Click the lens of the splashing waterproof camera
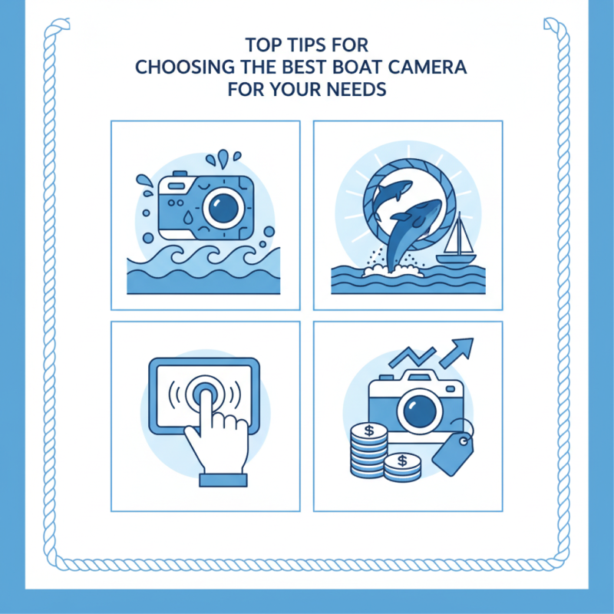click(x=226, y=205)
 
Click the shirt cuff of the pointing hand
click(x=223, y=479)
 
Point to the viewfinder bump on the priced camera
click(x=417, y=375)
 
